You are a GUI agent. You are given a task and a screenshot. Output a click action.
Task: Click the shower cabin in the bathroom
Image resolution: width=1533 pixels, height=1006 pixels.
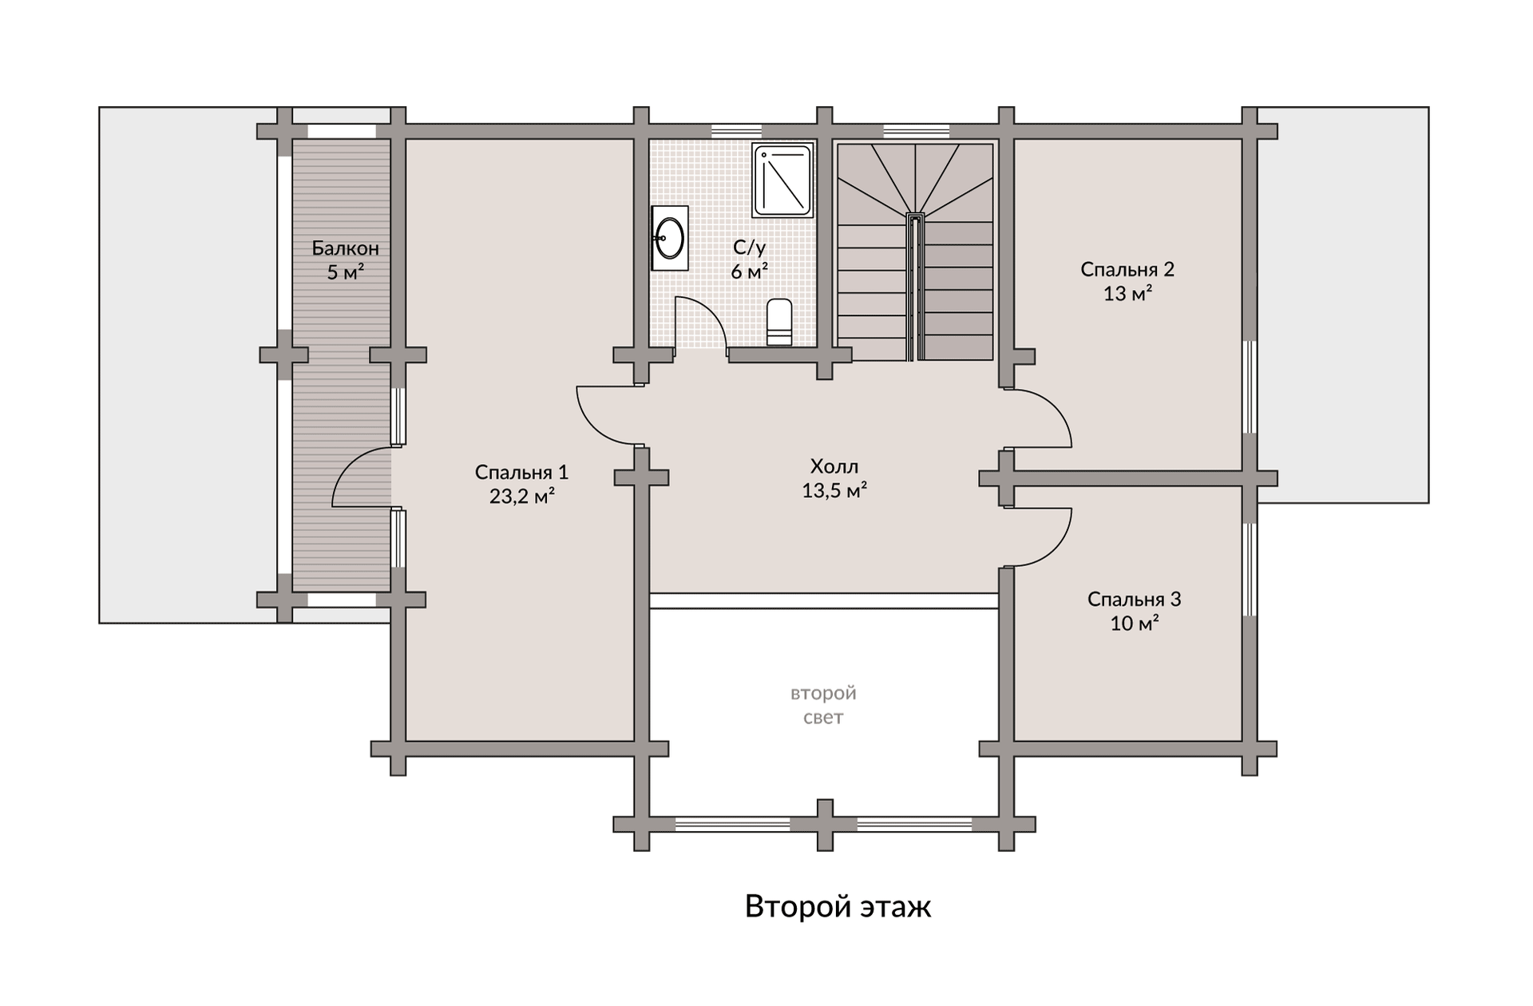[782, 180]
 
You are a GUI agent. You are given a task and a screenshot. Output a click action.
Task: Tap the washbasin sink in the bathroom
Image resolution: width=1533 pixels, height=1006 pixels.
[669, 237]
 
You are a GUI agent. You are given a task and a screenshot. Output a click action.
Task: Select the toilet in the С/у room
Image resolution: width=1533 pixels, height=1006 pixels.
[779, 323]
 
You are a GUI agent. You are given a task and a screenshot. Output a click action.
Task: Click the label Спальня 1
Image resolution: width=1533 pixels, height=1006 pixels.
[521, 472]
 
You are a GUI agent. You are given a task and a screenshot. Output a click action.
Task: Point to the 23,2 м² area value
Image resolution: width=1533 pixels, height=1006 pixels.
[522, 497]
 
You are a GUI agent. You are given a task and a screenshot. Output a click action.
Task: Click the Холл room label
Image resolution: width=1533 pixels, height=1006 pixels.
[834, 466]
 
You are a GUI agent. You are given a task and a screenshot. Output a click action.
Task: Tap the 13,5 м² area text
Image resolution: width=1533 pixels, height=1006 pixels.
[834, 490]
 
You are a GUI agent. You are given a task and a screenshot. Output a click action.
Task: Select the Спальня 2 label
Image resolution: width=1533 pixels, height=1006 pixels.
[1127, 269]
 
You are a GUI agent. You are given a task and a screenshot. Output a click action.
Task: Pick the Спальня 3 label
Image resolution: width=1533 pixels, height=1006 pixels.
[1134, 599]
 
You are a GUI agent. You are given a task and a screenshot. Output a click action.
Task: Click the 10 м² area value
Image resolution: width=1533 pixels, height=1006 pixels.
[1135, 623]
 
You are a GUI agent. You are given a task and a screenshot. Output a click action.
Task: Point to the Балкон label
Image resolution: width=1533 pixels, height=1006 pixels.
[345, 248]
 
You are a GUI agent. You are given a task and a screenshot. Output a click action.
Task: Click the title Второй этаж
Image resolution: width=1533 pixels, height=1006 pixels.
[838, 906]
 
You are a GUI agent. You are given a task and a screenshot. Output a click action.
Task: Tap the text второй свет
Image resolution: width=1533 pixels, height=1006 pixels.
[823, 705]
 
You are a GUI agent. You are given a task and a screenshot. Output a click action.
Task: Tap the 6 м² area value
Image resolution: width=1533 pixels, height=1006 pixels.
[749, 271]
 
